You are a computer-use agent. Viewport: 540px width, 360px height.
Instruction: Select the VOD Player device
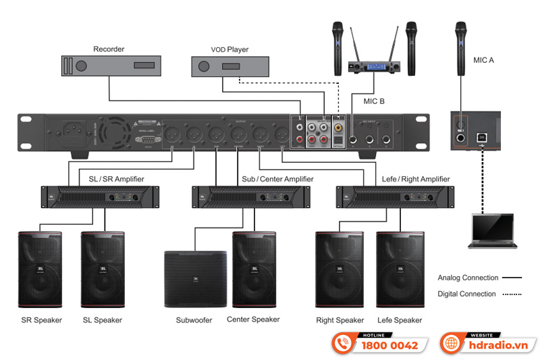coord(230,66)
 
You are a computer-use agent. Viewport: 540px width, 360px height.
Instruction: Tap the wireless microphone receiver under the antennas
coord(374,67)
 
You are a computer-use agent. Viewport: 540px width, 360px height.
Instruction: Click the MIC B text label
coord(373,101)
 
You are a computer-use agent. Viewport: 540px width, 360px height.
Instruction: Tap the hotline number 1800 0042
coord(390,345)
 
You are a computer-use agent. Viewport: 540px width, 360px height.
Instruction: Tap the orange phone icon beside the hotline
coord(344,343)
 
